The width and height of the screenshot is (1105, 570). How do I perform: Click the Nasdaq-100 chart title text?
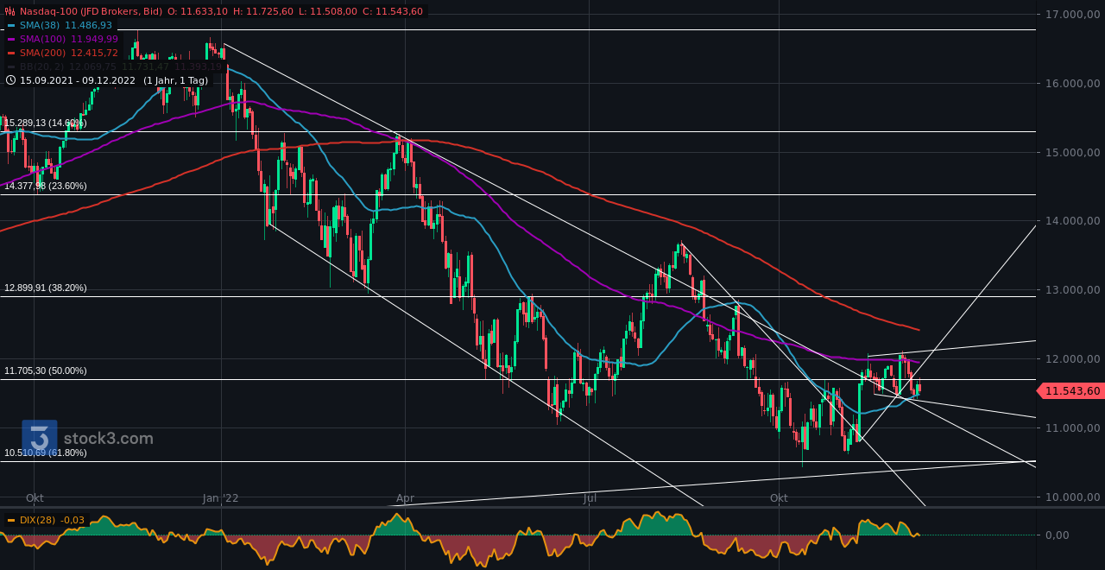coord(86,11)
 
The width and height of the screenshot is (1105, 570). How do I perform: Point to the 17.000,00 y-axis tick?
coord(1070,15)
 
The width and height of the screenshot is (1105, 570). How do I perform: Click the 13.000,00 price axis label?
coord(1070,290)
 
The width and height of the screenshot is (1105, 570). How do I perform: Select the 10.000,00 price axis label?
coord(1070,497)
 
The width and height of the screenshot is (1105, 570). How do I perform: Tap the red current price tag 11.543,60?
coord(1072,391)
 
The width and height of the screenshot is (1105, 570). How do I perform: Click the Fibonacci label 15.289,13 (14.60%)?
coord(46,123)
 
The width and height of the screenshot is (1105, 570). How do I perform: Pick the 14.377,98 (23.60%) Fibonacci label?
coord(46,186)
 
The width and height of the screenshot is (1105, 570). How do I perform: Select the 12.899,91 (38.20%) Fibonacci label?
coord(46,288)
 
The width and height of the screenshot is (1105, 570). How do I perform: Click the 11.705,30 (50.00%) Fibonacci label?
coord(46,370)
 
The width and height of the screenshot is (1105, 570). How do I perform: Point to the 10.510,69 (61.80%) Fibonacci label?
coord(46,453)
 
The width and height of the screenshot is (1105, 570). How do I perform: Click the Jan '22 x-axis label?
coord(221,498)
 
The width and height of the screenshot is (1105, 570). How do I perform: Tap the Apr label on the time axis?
coord(405,498)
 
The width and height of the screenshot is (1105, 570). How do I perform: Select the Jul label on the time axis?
coord(590,498)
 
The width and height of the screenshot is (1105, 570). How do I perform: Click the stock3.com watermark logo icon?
coord(39,438)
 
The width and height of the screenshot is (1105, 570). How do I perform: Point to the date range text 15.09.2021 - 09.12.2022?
coord(78,80)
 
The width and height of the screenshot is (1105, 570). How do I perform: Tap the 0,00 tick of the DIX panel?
coord(1058,535)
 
